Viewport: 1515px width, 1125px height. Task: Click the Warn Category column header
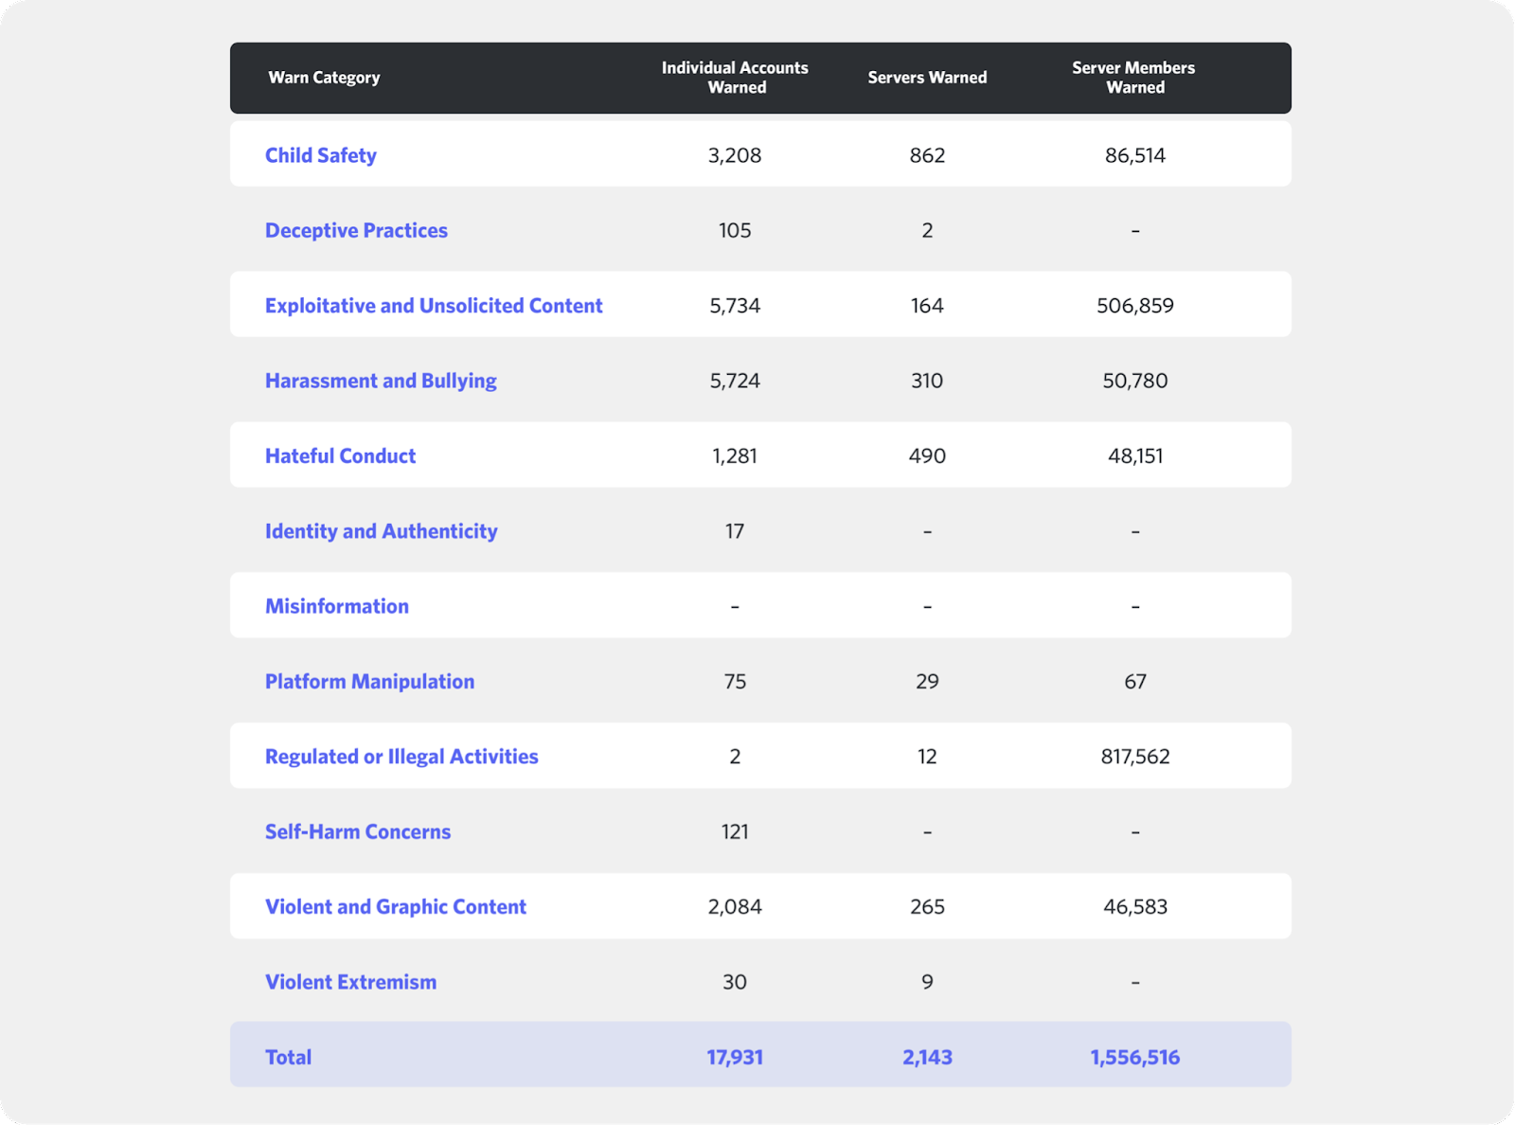point(324,78)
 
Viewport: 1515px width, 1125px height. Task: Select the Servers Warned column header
point(927,78)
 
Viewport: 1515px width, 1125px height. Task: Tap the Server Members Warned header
point(1133,78)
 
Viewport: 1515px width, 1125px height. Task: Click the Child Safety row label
point(320,155)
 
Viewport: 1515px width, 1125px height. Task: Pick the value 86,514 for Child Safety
point(1134,155)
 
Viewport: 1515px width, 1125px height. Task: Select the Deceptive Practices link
point(356,230)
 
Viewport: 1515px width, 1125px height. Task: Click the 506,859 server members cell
point(1134,306)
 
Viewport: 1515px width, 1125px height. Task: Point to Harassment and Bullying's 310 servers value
point(927,381)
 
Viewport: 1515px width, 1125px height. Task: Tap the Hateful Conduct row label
point(340,455)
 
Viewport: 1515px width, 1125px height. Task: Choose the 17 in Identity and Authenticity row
point(735,531)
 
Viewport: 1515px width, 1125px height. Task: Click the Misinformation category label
point(337,606)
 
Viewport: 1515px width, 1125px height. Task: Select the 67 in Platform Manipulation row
point(1134,682)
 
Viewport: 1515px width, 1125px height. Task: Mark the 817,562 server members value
point(1134,757)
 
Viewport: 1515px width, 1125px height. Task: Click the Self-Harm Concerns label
point(358,831)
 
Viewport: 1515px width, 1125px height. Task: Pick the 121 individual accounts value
point(735,831)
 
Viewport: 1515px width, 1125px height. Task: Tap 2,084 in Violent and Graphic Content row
point(735,907)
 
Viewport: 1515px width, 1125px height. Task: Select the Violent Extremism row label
point(350,982)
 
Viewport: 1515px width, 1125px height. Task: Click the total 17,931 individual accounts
point(735,1057)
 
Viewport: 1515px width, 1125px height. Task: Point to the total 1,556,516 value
point(1134,1057)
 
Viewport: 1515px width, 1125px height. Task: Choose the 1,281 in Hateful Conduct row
point(735,455)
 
